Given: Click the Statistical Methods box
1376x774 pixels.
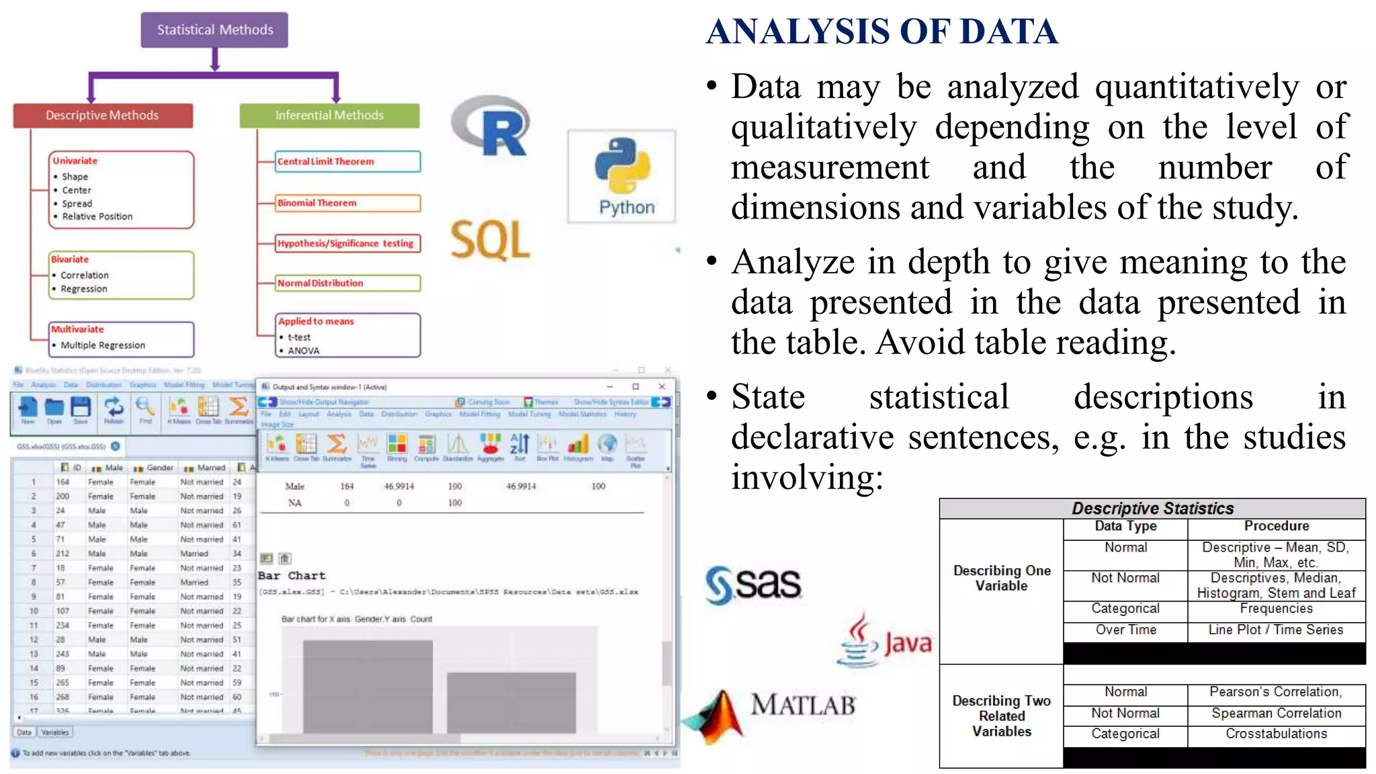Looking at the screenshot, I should click(x=214, y=30).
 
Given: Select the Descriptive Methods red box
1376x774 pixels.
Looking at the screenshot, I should click(x=103, y=116).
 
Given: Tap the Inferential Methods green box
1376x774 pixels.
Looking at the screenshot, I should click(x=329, y=116).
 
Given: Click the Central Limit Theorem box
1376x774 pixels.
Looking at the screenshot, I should click(x=347, y=161).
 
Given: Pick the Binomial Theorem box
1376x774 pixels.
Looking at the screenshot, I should click(x=347, y=203).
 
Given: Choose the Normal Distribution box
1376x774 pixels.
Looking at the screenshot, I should click(x=347, y=283).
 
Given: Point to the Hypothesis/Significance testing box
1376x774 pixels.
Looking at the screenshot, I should click(x=347, y=243).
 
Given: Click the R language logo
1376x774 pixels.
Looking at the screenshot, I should click(x=492, y=127).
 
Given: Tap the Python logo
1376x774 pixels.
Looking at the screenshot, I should click(x=622, y=176).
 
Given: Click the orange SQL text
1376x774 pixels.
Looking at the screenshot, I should click(x=490, y=240).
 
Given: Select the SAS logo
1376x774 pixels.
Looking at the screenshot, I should click(x=752, y=584).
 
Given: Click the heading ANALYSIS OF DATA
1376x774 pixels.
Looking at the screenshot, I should click(x=881, y=32).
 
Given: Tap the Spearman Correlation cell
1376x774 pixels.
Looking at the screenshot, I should click(x=1276, y=713).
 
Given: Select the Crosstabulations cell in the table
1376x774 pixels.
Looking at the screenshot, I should click(x=1276, y=734).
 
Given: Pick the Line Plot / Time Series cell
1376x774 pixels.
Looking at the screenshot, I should click(x=1276, y=630).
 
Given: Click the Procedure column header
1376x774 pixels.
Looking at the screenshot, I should click(x=1276, y=526).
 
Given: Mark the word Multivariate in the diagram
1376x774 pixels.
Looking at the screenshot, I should click(x=78, y=329).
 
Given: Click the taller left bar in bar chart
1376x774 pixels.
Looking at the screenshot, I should click(x=368, y=685).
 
